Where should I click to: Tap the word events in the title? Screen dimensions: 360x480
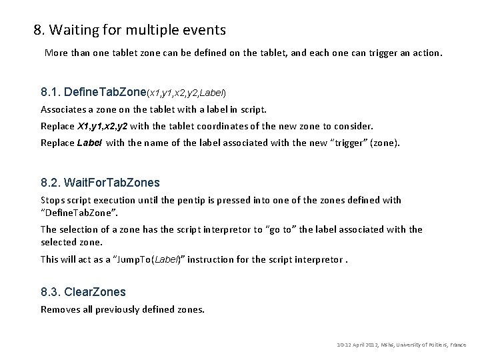[x=205, y=30]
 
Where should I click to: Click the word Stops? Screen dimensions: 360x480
[x=53, y=200]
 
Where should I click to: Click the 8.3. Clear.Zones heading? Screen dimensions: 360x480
[x=83, y=292]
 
